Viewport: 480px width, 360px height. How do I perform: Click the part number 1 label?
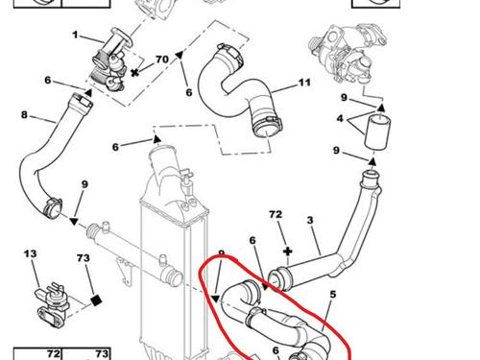[x=75, y=35]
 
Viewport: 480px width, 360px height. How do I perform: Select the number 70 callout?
[x=162, y=60]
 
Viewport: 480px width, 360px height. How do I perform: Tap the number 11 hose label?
[x=304, y=83]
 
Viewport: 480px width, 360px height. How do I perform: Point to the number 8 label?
[x=24, y=114]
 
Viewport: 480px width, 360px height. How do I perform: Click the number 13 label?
[x=31, y=253]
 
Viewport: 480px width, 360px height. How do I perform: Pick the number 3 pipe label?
[x=310, y=220]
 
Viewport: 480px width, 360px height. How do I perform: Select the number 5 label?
[x=333, y=295]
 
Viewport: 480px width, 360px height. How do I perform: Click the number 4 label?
[x=340, y=119]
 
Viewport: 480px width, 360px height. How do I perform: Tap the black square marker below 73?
[x=96, y=300]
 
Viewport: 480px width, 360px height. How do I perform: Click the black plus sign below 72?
[x=288, y=252]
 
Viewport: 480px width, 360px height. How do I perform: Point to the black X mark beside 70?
[x=135, y=72]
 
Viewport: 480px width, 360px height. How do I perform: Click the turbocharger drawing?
[x=348, y=55]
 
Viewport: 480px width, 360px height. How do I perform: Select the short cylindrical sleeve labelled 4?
[x=377, y=132]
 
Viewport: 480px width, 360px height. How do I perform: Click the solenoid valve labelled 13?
[x=51, y=304]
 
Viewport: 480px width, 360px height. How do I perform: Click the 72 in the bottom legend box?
[x=54, y=354]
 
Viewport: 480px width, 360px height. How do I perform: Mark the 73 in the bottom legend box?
[x=102, y=354]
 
